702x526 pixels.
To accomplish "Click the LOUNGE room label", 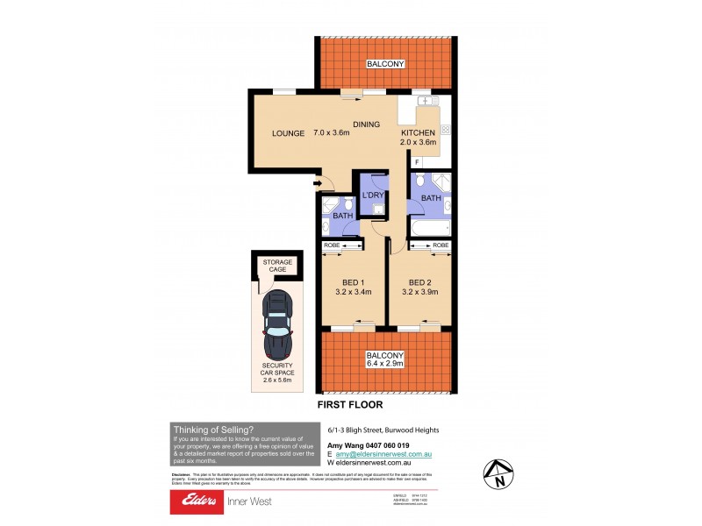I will [x=288, y=134].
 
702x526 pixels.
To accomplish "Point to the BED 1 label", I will [x=354, y=282].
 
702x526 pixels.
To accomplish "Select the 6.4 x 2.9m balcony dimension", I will [x=386, y=366].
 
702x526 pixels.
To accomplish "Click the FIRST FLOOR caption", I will [x=351, y=406].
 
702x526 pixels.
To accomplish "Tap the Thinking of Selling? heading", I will [x=214, y=429].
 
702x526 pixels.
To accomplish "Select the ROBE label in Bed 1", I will [x=332, y=245].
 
